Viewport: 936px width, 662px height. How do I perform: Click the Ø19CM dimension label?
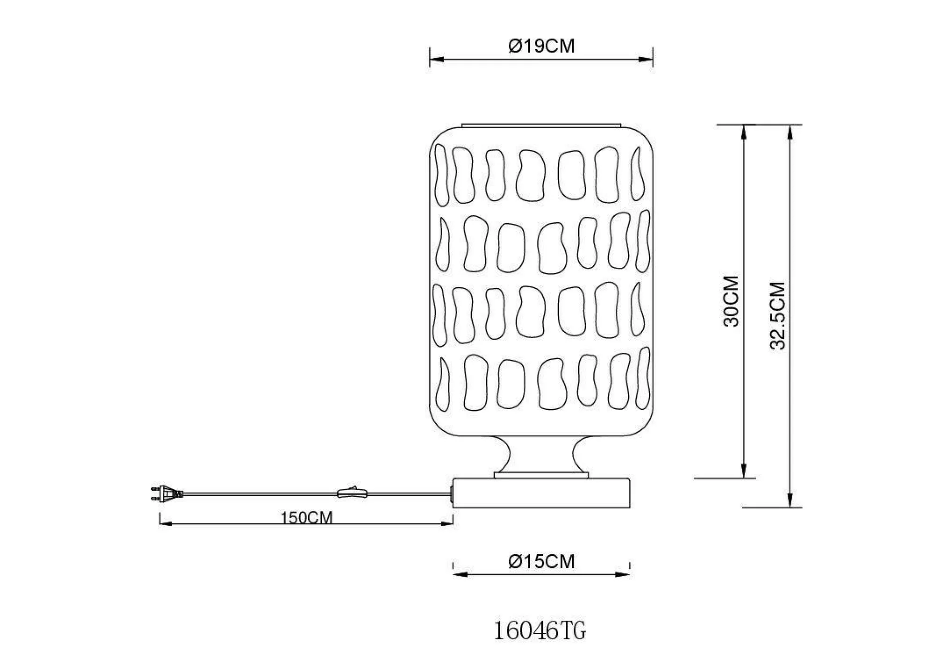pos(541,46)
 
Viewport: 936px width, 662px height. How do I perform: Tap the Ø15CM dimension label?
pos(541,561)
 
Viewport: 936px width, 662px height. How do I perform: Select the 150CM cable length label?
pos(307,518)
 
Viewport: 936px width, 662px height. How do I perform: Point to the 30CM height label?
pos(731,301)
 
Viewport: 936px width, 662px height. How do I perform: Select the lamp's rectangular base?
pos(541,493)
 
